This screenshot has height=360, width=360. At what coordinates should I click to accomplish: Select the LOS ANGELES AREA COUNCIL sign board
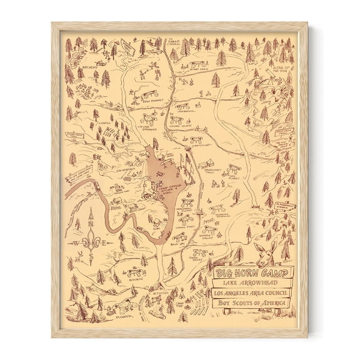tap(251, 293)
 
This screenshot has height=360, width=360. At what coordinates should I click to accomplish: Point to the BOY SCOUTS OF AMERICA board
tap(251, 303)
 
